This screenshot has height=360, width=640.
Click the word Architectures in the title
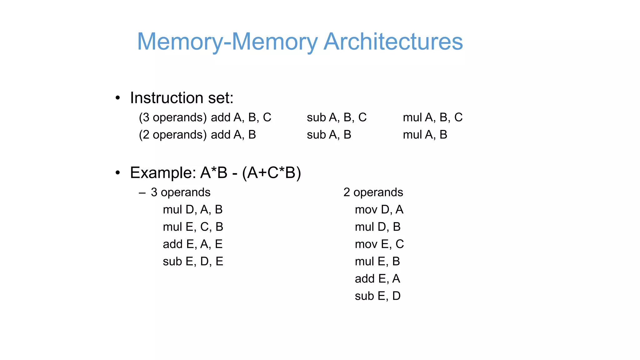pyautogui.click(x=393, y=42)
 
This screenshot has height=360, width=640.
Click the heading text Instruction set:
pyautogui.click(x=182, y=98)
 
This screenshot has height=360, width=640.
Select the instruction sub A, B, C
pyautogui.click(x=337, y=117)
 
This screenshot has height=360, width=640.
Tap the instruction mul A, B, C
pyautogui.click(x=432, y=117)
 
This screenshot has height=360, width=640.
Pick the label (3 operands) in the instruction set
pyautogui.click(x=173, y=117)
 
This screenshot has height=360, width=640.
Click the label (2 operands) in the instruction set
pyautogui.click(x=173, y=135)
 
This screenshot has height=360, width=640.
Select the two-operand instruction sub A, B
pyautogui.click(x=329, y=135)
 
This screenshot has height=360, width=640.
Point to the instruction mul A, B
pyautogui.click(x=425, y=135)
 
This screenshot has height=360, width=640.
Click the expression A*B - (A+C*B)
pyautogui.click(x=250, y=172)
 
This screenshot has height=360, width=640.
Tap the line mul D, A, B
pyautogui.click(x=192, y=209)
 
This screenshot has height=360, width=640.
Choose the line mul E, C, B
pyautogui.click(x=193, y=227)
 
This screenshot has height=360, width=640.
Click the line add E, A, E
pyautogui.click(x=192, y=244)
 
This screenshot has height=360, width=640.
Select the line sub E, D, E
pyautogui.click(x=193, y=261)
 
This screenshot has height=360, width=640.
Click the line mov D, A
pyautogui.click(x=379, y=209)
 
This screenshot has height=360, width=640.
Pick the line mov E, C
pyautogui.click(x=379, y=244)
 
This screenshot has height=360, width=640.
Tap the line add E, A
pyautogui.click(x=377, y=278)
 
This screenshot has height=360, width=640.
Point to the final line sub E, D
pyautogui.click(x=377, y=296)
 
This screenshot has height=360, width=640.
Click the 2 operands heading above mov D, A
pyautogui.click(x=373, y=192)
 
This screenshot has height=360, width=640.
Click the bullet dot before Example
pyautogui.click(x=117, y=173)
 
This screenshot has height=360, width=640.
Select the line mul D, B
pyautogui.click(x=377, y=227)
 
